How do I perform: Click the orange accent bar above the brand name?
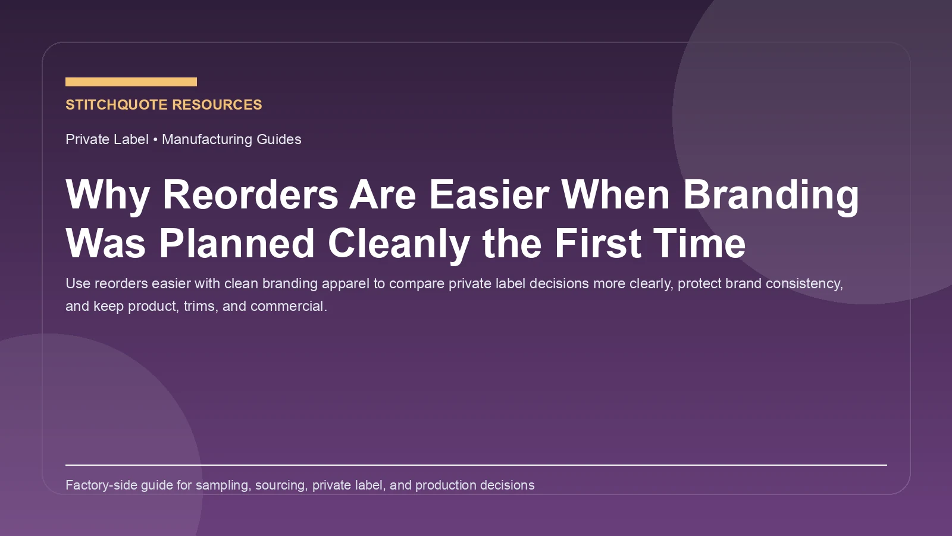tap(131, 82)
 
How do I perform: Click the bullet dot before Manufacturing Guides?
tap(155, 139)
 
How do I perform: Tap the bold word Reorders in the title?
tap(250, 195)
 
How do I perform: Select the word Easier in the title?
tap(488, 195)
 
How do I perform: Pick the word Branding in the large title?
tap(771, 195)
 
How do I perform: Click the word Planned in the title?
tap(236, 244)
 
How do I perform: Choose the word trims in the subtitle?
tap(199, 306)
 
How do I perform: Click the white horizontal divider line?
tap(476, 465)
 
